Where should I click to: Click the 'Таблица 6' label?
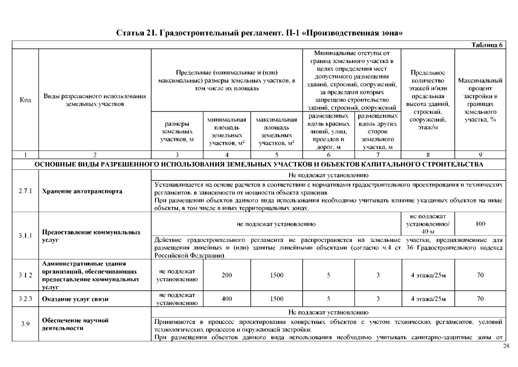[487, 45]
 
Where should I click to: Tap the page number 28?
[506, 346]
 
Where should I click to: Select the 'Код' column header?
[25, 100]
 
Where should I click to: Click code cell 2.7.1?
[25, 191]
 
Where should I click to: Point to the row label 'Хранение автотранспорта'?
[82, 191]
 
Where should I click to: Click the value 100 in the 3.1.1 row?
[480, 224]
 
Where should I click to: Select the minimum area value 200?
[227, 275]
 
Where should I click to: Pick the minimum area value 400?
[227, 299]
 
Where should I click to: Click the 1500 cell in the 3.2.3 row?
[276, 299]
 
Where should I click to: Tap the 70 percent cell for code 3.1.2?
[480, 275]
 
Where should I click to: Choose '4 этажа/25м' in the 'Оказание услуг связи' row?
[428, 299]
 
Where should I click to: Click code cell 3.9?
[25, 324]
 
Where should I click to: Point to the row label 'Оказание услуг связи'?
[75, 299]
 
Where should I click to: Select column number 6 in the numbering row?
[329, 155]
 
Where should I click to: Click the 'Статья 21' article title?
[259, 33]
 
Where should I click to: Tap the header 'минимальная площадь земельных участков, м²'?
[227, 132]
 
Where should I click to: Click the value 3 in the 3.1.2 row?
[378, 275]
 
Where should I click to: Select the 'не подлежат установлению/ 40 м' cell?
[428, 224]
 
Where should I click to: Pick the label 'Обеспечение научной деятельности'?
[75, 324]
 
